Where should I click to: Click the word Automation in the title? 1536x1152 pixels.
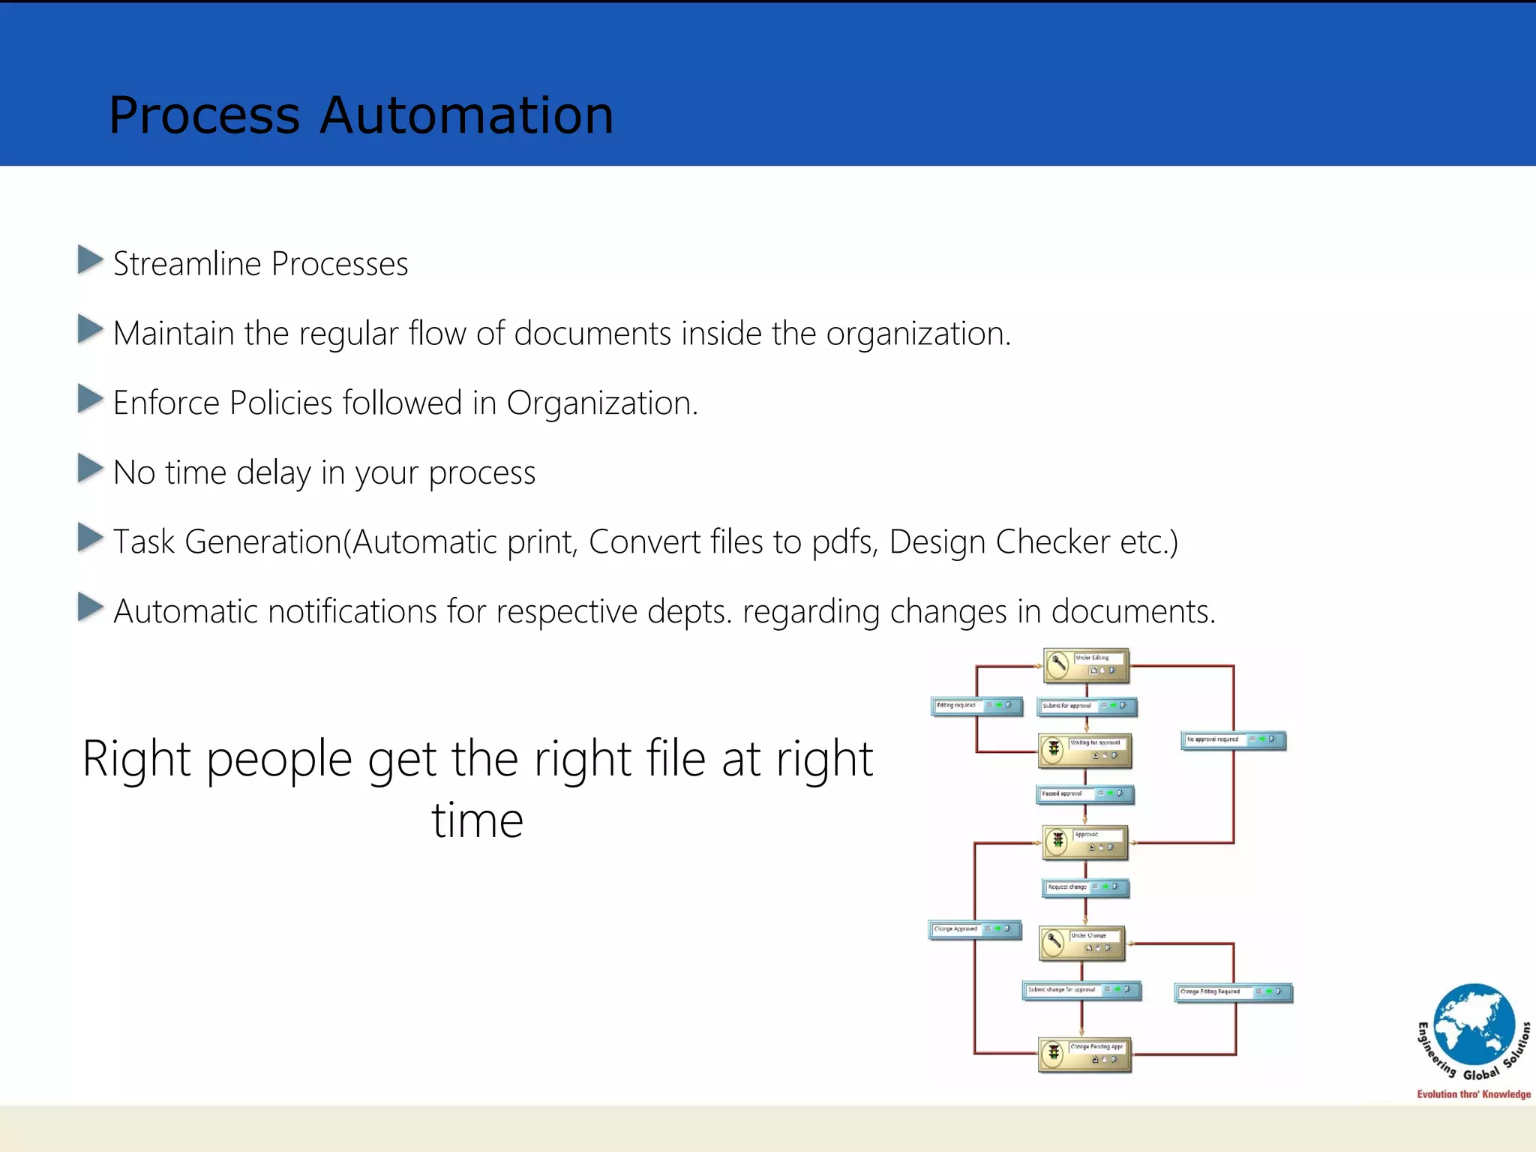click(466, 115)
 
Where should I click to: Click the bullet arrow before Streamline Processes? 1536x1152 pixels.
click(90, 260)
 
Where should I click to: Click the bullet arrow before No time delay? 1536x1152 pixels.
click(90, 469)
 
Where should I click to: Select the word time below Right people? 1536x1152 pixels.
click(477, 820)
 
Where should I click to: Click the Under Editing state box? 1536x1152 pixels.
click(1086, 664)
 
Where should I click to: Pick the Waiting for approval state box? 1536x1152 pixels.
click(1085, 749)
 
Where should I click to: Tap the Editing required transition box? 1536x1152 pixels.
click(976, 706)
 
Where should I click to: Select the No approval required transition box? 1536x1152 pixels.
click(1234, 739)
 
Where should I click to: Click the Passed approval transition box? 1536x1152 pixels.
click(1084, 793)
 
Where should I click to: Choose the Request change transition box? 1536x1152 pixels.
click(1085, 887)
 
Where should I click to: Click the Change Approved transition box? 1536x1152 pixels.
click(975, 929)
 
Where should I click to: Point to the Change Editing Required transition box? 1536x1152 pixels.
click(1234, 991)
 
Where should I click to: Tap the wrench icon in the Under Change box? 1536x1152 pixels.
click(1054, 941)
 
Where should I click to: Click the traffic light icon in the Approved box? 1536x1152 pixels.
click(1058, 840)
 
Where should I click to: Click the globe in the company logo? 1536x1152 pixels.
click(1474, 1024)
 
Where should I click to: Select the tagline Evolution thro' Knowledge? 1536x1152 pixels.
click(1473, 1094)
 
